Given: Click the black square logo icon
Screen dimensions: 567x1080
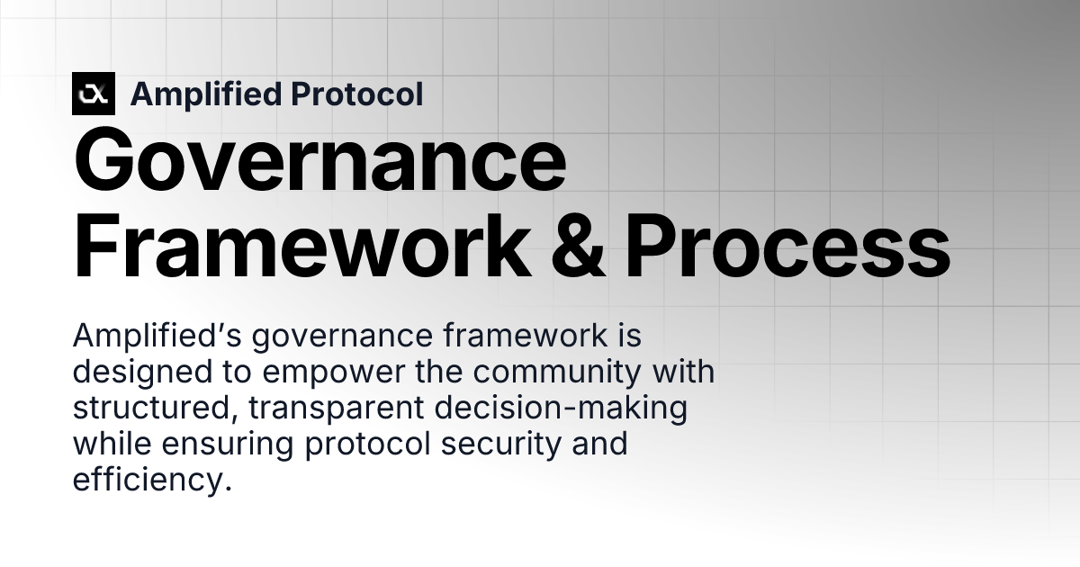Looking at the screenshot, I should click(x=94, y=94).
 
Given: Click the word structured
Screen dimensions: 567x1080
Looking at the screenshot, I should click(x=152, y=408).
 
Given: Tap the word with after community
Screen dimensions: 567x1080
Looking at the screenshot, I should click(x=684, y=372).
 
